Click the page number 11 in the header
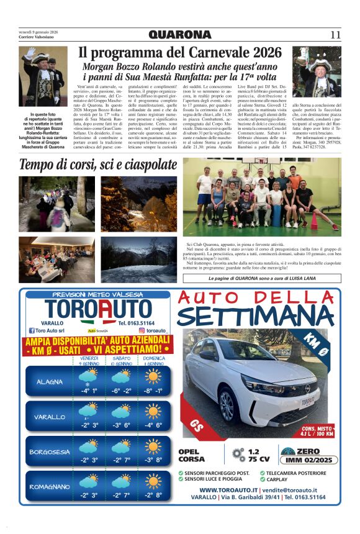[x=335, y=35]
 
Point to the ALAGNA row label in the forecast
[x=49, y=381]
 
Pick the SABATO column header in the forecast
[x=121, y=359]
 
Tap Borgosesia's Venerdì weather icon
[x=89, y=446]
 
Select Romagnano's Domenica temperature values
[x=153, y=495]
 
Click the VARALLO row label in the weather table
[x=49, y=417]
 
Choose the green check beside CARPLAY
[x=263, y=479]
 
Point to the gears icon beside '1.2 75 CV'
[x=238, y=455]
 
